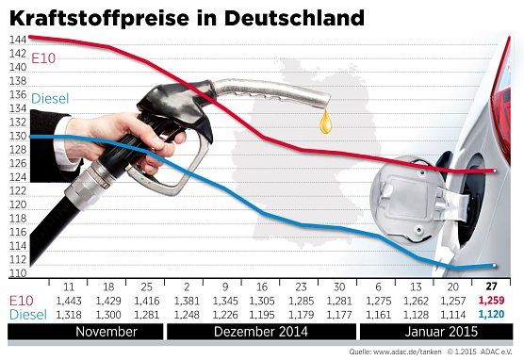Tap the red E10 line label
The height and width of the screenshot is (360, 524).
click(43, 58)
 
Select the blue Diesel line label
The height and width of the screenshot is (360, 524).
click(51, 98)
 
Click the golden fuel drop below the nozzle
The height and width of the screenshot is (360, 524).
click(326, 122)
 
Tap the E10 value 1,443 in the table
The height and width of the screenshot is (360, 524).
click(69, 301)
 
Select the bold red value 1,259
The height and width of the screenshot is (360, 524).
click(490, 301)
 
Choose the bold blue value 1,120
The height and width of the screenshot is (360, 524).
click(490, 314)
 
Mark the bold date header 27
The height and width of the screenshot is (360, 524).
click(490, 286)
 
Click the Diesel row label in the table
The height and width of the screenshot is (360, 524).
click(25, 314)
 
